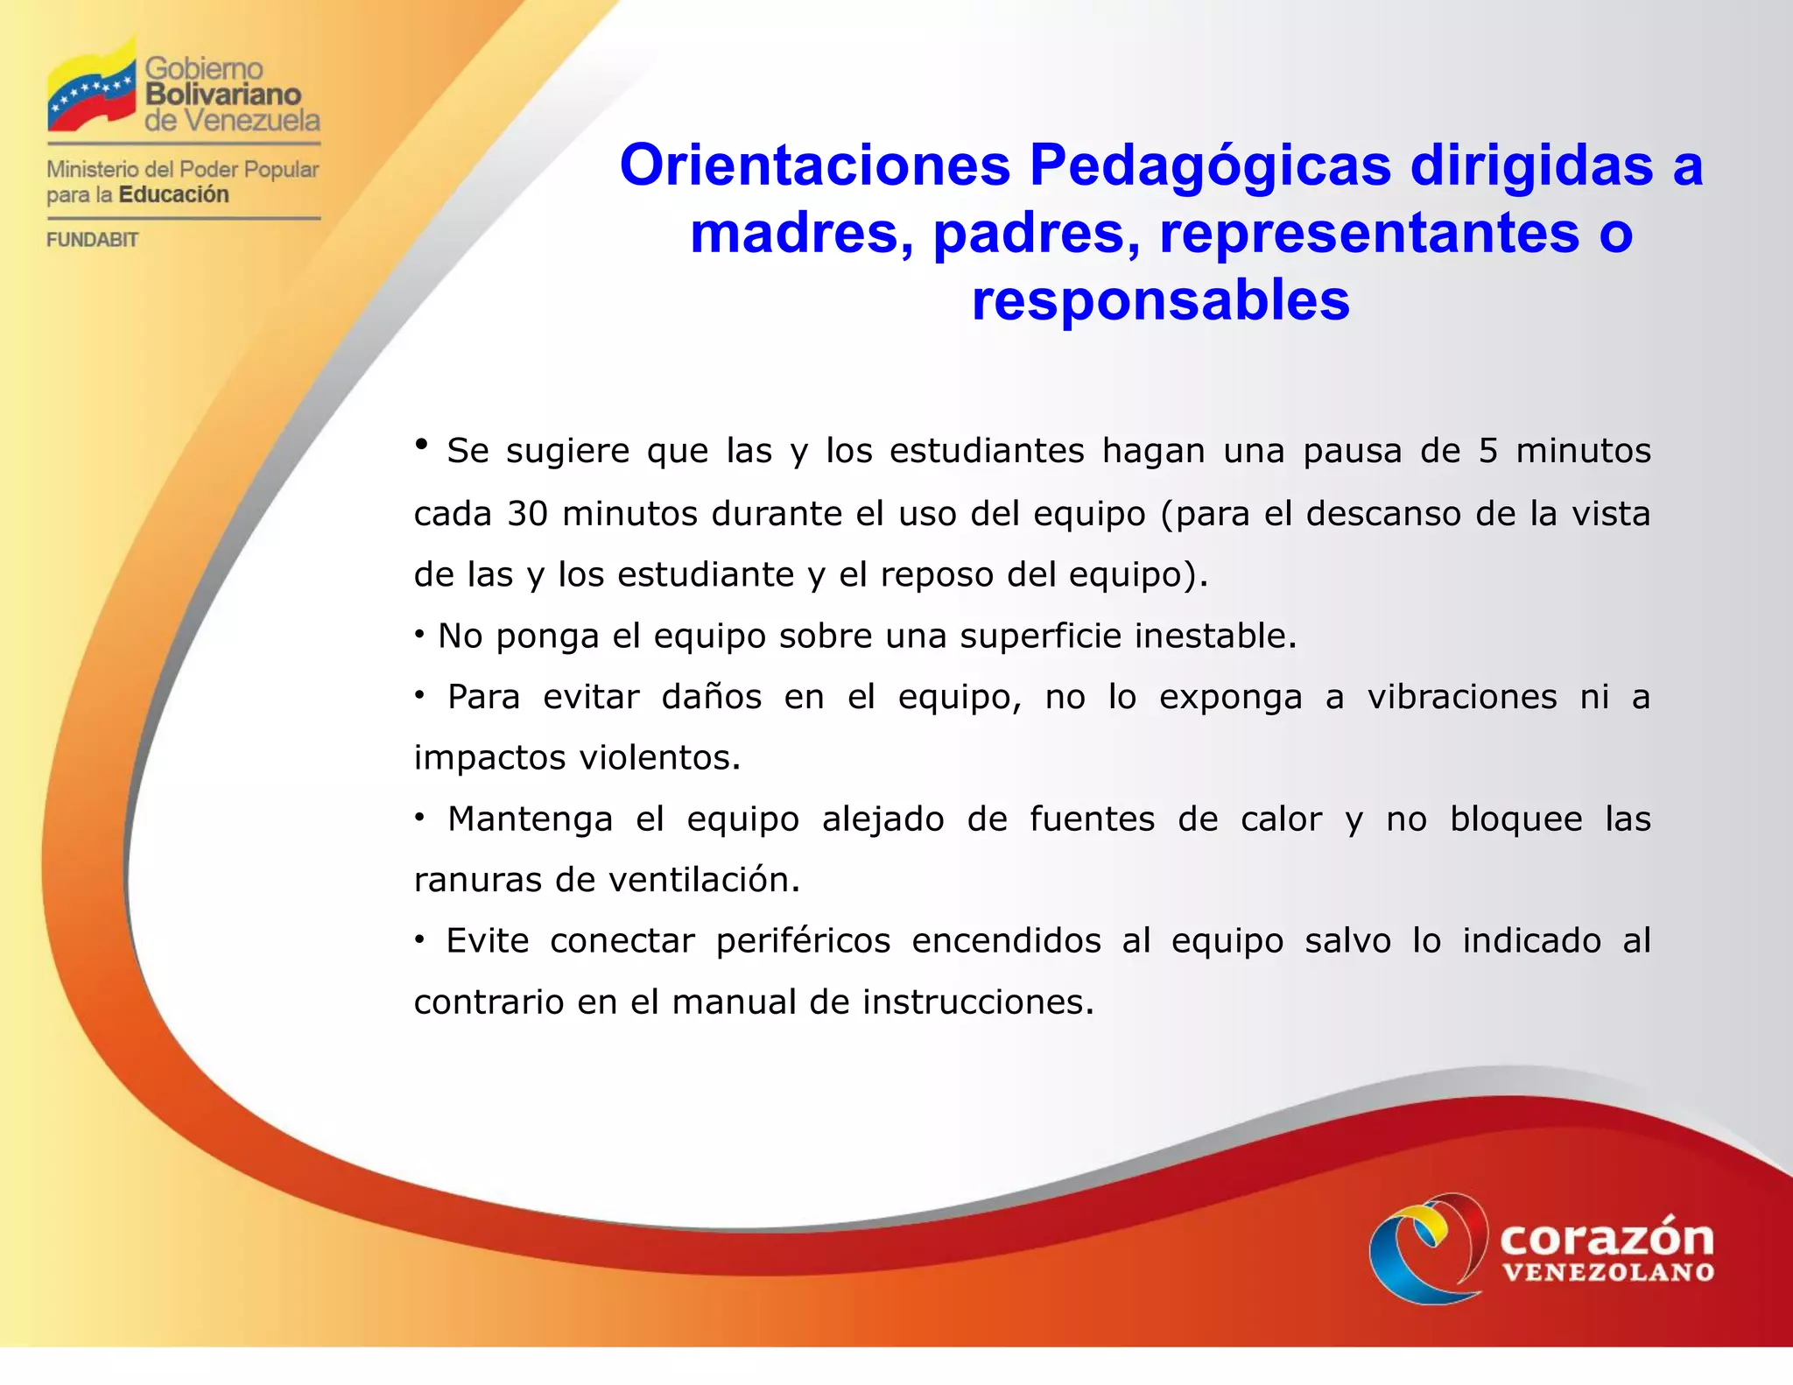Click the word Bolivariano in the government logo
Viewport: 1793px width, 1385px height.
222,95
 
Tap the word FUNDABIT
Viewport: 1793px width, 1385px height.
92,240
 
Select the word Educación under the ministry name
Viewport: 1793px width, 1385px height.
173,194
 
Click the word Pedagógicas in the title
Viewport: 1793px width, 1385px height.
1209,165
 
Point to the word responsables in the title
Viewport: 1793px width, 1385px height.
1160,300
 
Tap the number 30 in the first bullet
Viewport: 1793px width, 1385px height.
528,514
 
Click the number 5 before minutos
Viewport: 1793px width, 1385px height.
1488,452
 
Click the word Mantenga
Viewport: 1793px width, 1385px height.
530,819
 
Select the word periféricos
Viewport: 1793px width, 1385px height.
803,942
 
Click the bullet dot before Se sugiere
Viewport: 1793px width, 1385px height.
421,445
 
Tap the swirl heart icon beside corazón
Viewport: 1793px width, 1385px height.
1427,1248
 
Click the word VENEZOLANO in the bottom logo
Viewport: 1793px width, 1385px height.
1607,1272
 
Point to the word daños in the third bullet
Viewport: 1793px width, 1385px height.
712,698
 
